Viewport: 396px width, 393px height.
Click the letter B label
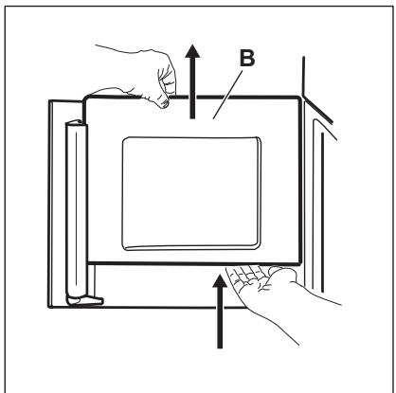click(x=247, y=59)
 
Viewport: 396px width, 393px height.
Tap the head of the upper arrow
click(x=192, y=51)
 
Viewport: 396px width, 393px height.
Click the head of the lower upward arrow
click(x=220, y=280)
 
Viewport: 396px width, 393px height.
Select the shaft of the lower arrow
click(x=220, y=317)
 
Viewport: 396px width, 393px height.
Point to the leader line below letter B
click(x=228, y=95)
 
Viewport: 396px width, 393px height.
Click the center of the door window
click(x=191, y=193)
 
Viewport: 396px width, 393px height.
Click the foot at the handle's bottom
click(x=85, y=300)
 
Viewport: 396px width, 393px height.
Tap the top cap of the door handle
click(x=76, y=124)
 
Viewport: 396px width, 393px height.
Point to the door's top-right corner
click(x=298, y=98)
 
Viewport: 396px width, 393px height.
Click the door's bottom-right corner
click(x=301, y=263)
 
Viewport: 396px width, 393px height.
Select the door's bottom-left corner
click(x=88, y=262)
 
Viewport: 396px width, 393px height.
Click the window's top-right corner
click(x=259, y=139)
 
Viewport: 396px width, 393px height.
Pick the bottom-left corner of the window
click(x=124, y=248)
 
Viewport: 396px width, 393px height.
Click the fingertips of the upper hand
click(x=164, y=103)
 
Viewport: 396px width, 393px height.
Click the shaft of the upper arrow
click(x=192, y=88)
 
